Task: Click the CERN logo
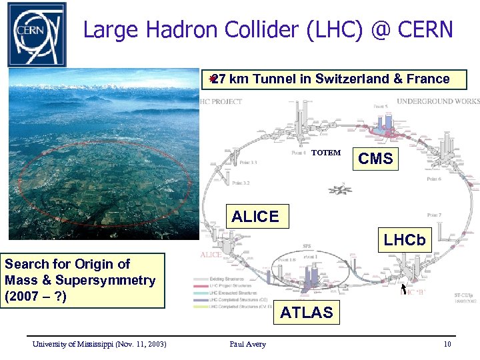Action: (x=37, y=34)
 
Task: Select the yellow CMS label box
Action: (x=375, y=159)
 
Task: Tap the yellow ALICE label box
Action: (x=255, y=217)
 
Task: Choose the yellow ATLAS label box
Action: (x=306, y=312)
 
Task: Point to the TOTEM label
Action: (x=326, y=153)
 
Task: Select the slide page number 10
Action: (x=447, y=344)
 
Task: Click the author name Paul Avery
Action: (x=247, y=344)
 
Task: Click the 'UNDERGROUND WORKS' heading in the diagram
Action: (x=438, y=101)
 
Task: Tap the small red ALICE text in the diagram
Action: (x=211, y=255)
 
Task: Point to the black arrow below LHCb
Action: (x=403, y=289)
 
